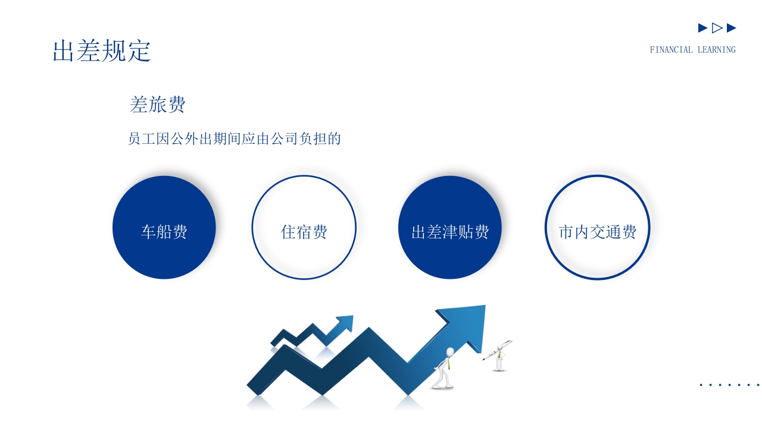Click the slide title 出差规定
[x=102, y=51]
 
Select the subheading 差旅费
[x=158, y=105]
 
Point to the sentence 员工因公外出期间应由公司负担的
[x=235, y=139]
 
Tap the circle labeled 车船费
[x=164, y=228]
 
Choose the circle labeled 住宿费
[x=304, y=228]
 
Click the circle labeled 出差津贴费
[x=450, y=228]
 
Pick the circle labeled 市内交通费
[x=597, y=228]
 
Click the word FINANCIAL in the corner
[x=671, y=50]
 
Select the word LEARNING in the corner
[x=717, y=50]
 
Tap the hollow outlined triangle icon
[x=717, y=28]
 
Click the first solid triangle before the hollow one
[x=702, y=28]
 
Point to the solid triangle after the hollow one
[x=732, y=28]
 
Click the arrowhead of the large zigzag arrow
[x=468, y=325]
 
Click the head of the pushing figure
[x=450, y=351]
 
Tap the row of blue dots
[x=730, y=385]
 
